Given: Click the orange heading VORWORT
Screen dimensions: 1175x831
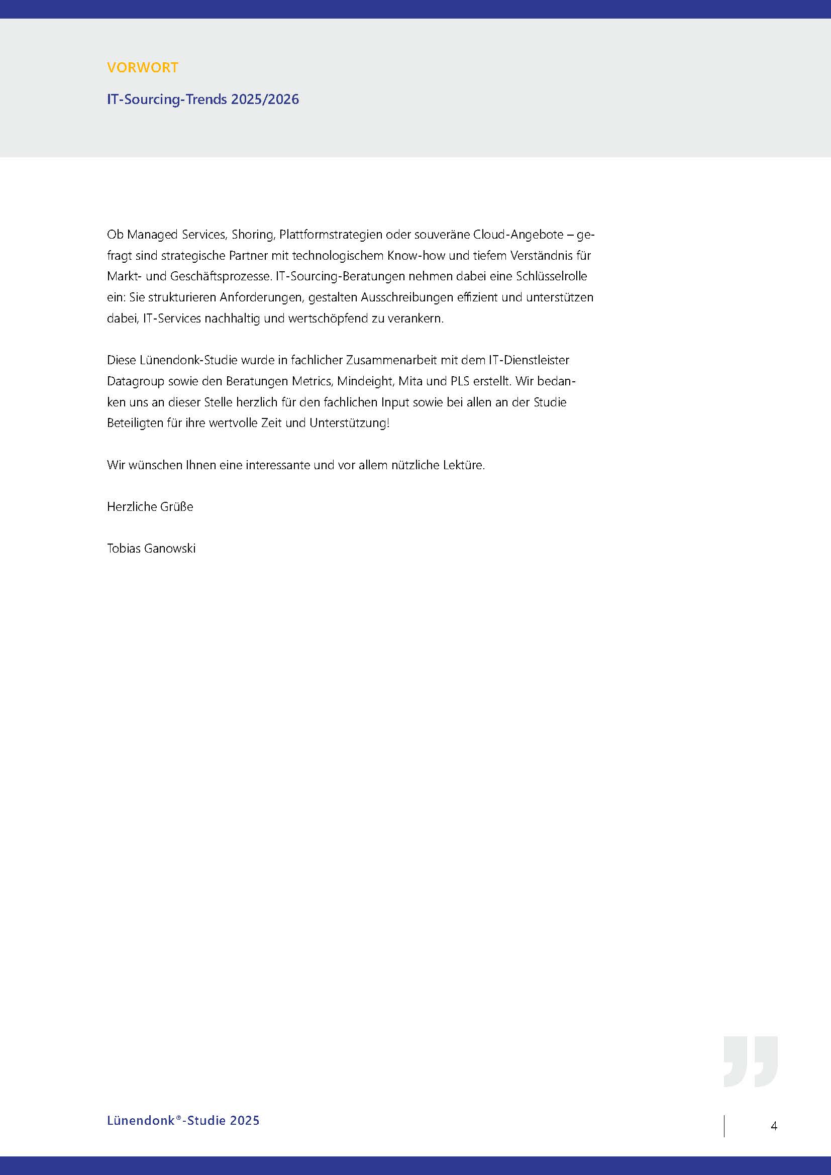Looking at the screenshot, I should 142,67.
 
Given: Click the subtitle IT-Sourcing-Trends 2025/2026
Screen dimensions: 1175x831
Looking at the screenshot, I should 202,99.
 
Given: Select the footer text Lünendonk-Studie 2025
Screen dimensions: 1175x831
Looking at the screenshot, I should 183,1120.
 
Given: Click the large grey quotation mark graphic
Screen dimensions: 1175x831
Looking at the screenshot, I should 750,1061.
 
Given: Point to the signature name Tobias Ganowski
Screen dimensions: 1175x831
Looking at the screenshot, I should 151,549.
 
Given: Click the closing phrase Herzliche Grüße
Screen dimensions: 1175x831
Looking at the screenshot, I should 150,507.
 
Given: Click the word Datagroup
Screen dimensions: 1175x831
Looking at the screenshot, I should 136,381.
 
